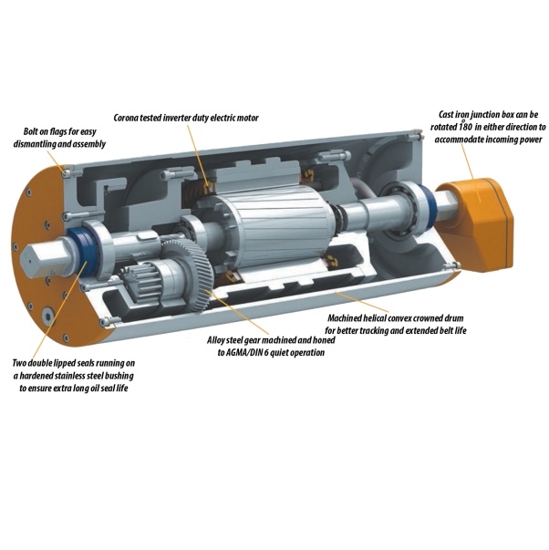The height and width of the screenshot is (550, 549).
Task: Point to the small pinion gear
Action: [x=139, y=281]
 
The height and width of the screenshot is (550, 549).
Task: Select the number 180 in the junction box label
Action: [x=467, y=127]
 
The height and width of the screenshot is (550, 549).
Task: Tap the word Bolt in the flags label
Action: [x=30, y=132]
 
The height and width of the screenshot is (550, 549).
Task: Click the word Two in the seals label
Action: [x=19, y=363]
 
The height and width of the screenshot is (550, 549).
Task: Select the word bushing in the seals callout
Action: [x=119, y=377]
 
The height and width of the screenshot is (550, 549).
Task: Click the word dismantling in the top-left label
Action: [x=34, y=144]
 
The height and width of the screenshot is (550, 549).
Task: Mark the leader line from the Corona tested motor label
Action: [x=199, y=155]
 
